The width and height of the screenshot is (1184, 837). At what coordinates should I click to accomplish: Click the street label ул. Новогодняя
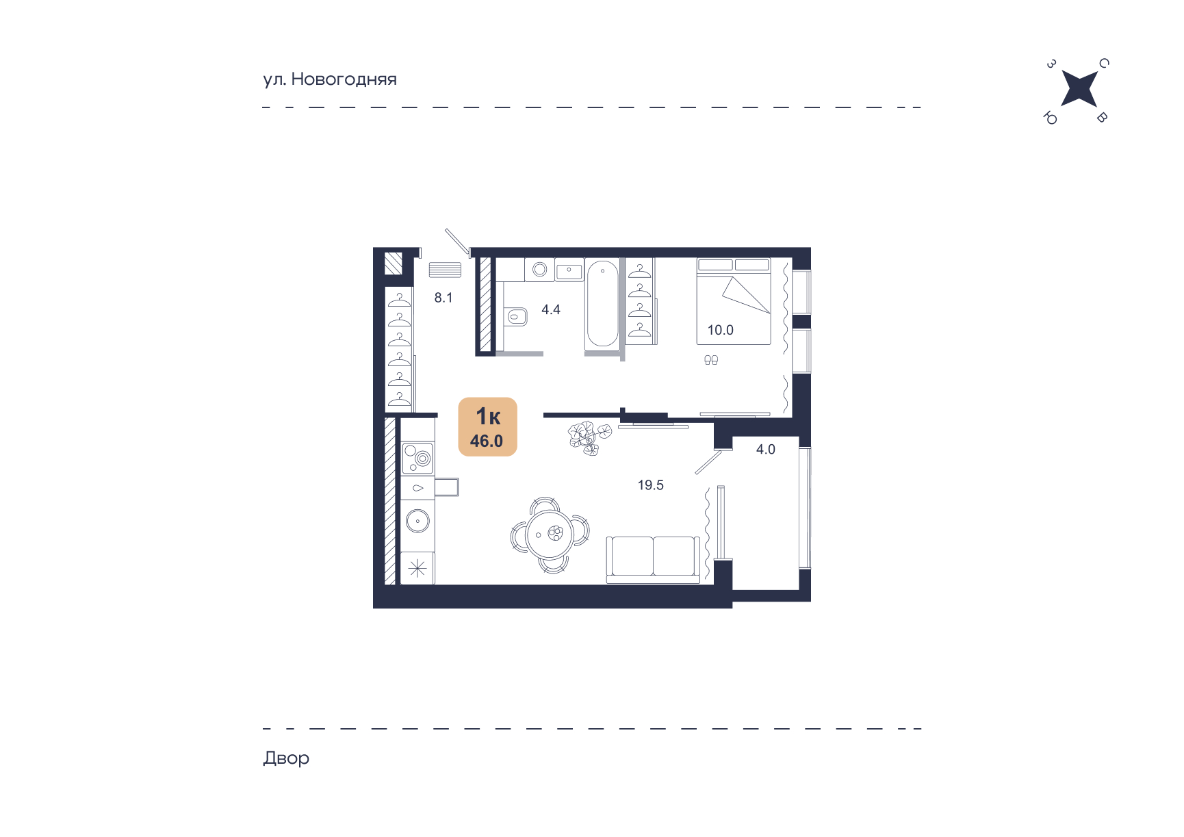click(x=330, y=79)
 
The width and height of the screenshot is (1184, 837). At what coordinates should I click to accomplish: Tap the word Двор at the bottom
click(x=286, y=758)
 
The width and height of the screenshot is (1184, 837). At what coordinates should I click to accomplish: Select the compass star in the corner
click(x=1079, y=89)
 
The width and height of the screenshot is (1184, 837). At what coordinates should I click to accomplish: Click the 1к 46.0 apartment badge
click(x=487, y=426)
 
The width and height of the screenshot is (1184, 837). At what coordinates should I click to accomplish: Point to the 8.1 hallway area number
click(x=443, y=298)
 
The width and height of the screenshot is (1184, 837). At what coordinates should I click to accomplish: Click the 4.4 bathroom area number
click(x=551, y=309)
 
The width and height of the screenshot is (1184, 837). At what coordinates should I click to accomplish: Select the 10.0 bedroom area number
click(x=720, y=330)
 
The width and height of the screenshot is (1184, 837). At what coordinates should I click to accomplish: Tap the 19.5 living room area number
click(x=651, y=485)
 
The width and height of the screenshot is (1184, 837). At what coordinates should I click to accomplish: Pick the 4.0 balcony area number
click(x=766, y=449)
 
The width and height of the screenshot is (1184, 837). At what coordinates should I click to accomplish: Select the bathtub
click(x=602, y=303)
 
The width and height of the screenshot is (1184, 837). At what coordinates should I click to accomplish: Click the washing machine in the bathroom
click(x=539, y=270)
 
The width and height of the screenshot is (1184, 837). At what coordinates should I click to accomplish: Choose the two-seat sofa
click(x=653, y=559)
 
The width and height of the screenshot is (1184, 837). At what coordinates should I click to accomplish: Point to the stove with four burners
click(x=417, y=458)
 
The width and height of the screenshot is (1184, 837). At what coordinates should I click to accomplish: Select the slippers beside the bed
click(x=711, y=359)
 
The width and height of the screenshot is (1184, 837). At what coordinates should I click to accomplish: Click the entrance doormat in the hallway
click(x=445, y=270)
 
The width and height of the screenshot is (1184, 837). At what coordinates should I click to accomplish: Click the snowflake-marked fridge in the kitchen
click(x=417, y=568)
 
